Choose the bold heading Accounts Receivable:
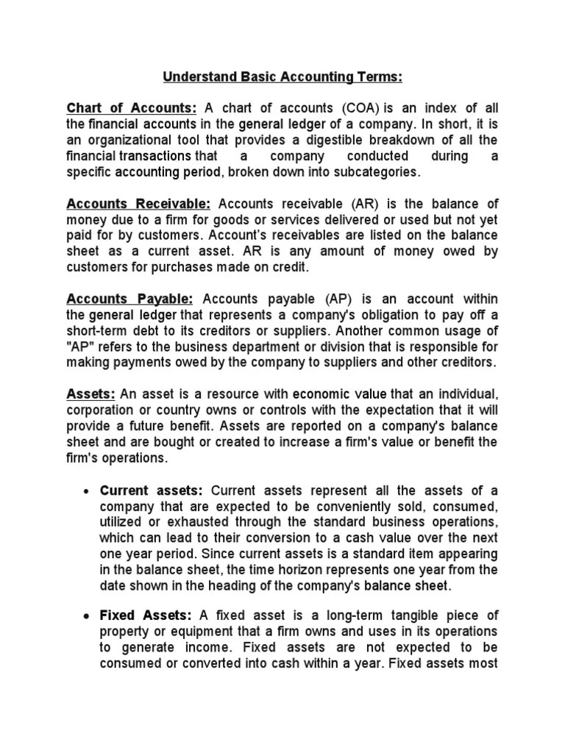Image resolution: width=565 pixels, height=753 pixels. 138,204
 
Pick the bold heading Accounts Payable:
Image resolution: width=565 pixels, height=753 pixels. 129,299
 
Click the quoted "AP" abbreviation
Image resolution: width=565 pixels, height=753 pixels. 79,347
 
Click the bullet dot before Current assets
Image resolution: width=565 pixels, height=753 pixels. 87,491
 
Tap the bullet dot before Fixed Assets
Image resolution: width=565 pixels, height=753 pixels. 87,616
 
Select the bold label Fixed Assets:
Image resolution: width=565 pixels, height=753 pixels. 146,615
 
